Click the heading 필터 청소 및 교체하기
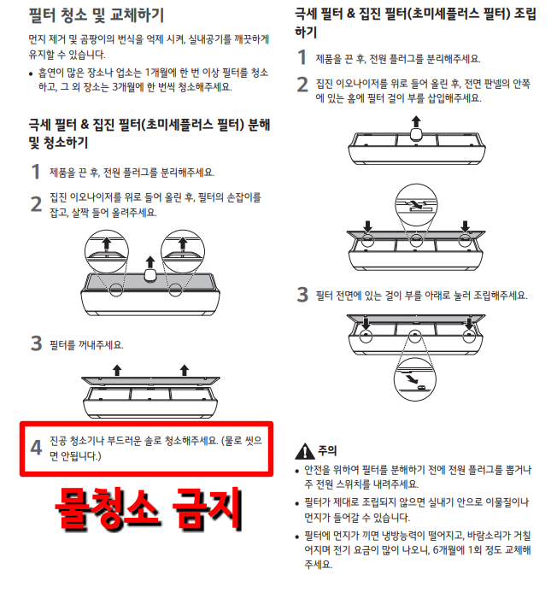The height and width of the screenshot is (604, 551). tap(97, 15)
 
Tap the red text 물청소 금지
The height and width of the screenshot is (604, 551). tap(149, 508)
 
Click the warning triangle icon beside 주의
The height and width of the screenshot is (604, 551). tap(305, 451)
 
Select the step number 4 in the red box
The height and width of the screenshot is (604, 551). tap(36, 448)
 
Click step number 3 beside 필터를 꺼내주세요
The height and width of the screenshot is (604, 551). tap(36, 343)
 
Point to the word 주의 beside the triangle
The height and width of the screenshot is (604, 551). tap(327, 450)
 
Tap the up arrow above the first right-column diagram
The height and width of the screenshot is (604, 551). tap(416, 121)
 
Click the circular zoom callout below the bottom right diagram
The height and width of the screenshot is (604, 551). tap(415, 379)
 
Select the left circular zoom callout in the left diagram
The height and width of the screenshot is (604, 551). tap(106, 252)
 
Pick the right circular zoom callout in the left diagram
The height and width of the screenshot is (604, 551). tap(183, 252)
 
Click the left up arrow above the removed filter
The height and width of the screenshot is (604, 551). tap(117, 370)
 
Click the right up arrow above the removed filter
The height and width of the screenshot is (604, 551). tap(185, 370)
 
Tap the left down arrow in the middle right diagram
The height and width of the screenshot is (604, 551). tap(368, 226)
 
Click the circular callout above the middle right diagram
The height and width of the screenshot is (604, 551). tap(416, 204)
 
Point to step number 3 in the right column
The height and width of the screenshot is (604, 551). tap(302, 295)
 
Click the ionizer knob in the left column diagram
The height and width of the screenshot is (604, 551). tap(149, 274)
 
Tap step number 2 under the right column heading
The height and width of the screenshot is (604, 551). tap(302, 85)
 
